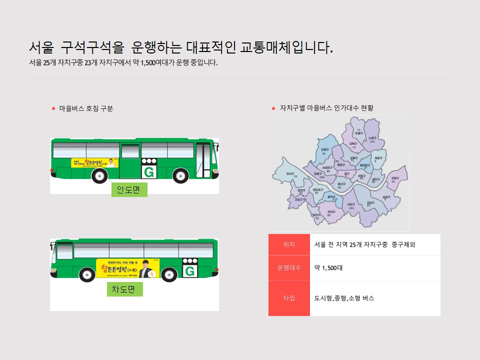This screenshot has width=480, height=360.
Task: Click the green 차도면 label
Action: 124,289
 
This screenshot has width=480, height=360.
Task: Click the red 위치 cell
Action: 289,244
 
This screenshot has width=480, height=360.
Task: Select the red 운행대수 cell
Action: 289,267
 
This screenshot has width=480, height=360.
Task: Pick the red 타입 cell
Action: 289,298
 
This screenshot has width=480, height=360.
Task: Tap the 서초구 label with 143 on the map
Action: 351,205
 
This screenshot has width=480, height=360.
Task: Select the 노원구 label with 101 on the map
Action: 372,139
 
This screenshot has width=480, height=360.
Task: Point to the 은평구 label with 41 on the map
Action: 324,151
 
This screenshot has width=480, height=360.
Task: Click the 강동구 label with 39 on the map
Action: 395,179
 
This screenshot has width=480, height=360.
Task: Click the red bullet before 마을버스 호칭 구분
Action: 53,108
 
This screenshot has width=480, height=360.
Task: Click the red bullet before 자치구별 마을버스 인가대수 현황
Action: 273,108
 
